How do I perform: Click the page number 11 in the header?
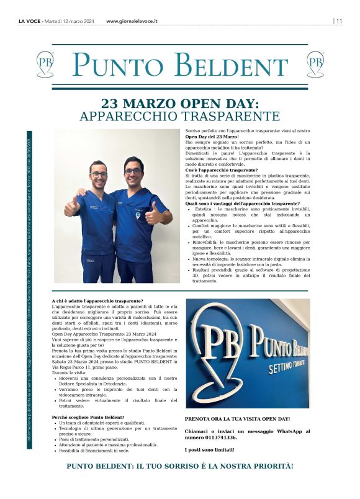(339, 20)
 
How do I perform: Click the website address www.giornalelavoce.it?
(132, 20)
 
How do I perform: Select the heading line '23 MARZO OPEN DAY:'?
(180, 103)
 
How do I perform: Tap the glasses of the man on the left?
(99, 174)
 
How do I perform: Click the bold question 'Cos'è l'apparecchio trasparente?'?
(222, 169)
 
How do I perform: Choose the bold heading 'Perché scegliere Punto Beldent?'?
(88, 417)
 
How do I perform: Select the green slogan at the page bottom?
(180, 465)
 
